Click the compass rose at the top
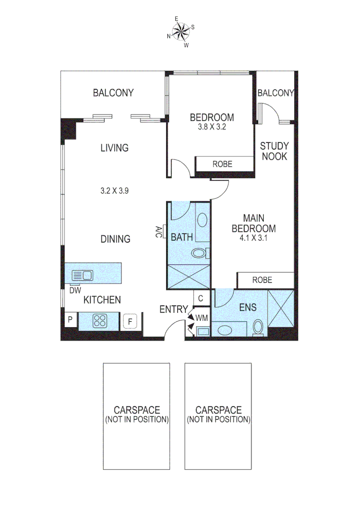coord(180,32)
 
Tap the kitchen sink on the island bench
coord(82,275)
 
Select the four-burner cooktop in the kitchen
coord(100,321)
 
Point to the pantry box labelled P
coord(70,320)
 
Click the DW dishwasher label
coord(75,291)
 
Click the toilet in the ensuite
coord(258,327)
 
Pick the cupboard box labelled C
coord(201,298)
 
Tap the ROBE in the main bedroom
coord(262,279)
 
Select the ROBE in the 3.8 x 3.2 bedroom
coord(222,164)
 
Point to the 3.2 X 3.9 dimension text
coord(115,191)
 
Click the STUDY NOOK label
coord(274,151)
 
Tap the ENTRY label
coord(173,309)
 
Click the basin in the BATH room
coord(202,220)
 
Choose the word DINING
coord(115,239)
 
